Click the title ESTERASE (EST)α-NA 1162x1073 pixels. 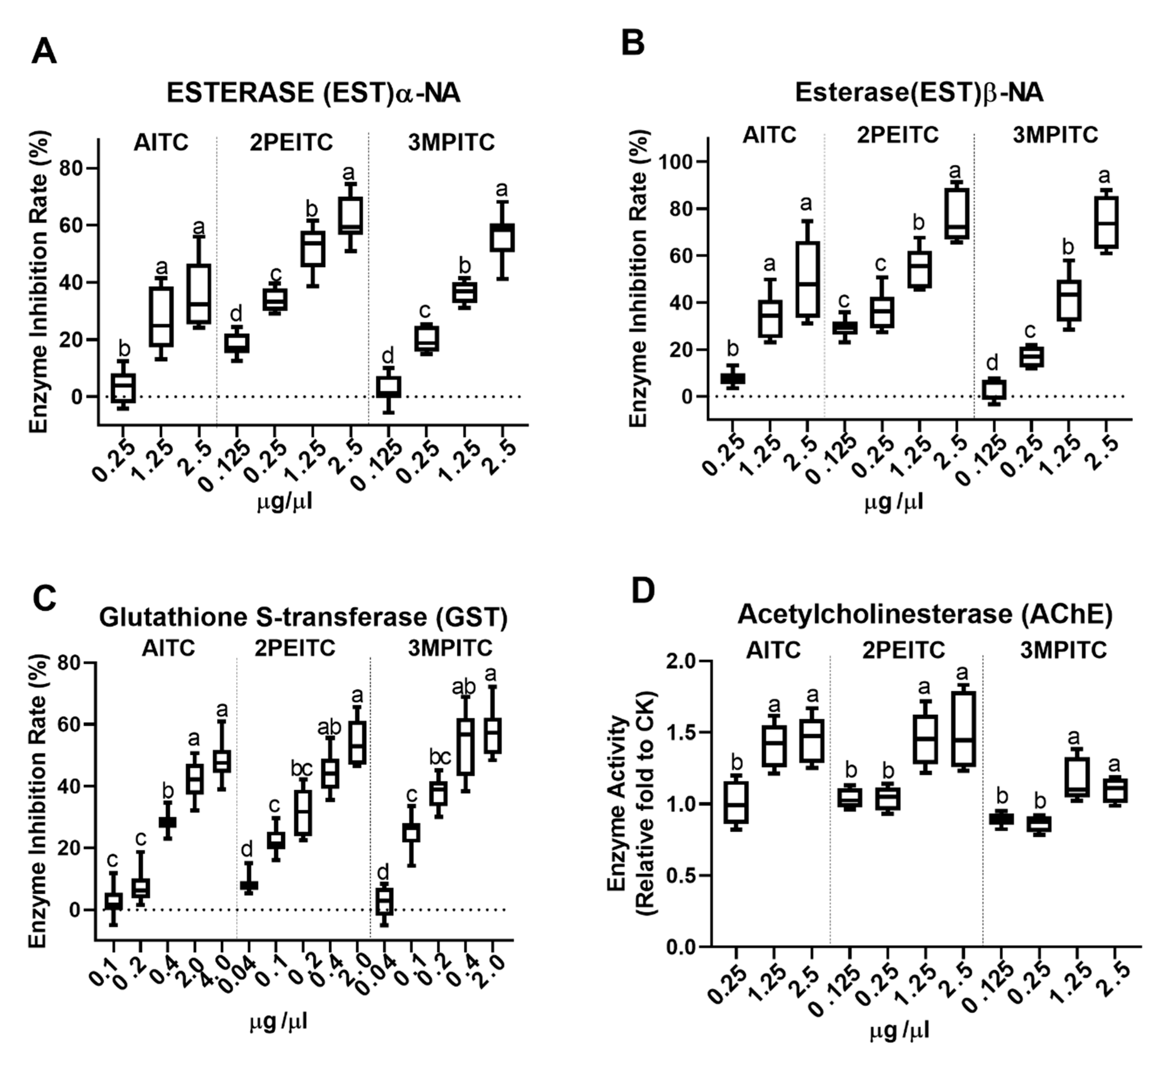[x=314, y=93]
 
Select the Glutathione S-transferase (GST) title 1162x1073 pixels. [x=303, y=617]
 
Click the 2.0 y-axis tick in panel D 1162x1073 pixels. [x=683, y=661]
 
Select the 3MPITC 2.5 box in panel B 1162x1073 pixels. [x=1106, y=222]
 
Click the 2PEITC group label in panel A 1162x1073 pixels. [x=292, y=142]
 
